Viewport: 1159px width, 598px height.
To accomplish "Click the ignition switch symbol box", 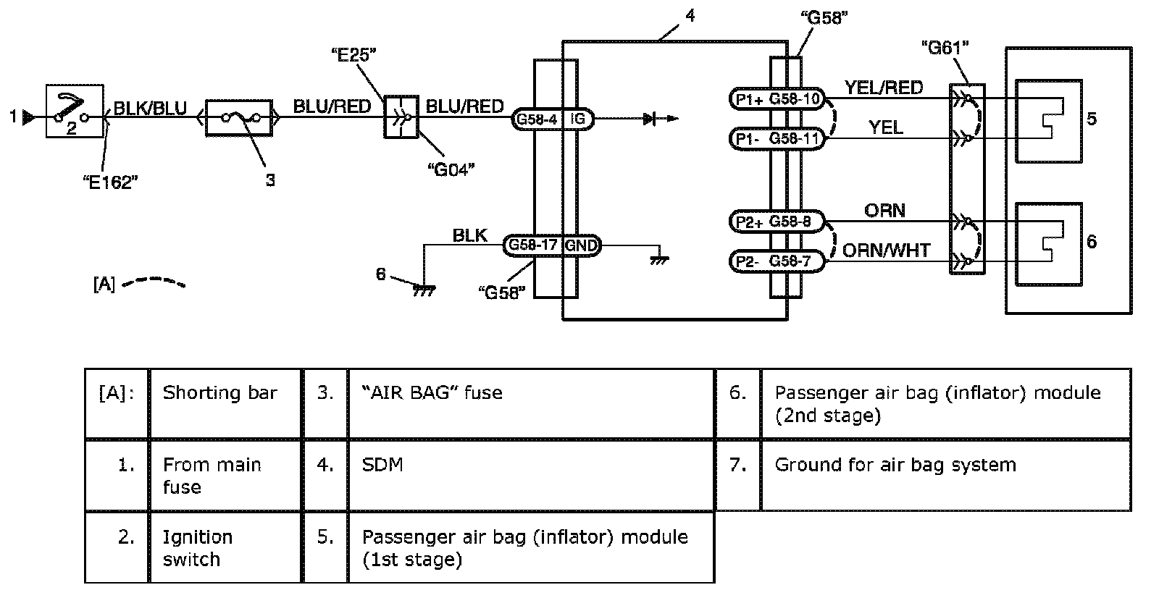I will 72,110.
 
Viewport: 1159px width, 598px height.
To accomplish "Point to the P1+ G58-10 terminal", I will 777,99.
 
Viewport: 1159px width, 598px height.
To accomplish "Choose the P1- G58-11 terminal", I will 777,138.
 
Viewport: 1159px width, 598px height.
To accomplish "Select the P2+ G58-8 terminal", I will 777,222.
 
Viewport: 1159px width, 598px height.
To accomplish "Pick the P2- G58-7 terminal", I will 777,261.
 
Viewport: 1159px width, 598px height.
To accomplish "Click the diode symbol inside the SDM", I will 649,119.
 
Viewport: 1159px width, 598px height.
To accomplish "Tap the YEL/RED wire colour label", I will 883,88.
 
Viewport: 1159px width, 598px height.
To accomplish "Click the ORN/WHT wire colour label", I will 886,250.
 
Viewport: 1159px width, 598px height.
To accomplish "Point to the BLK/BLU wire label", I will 151,109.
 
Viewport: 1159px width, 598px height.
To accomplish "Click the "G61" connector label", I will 945,48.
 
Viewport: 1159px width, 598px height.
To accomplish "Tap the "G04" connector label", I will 451,169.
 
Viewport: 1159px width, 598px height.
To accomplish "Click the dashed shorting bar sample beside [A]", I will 154,282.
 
